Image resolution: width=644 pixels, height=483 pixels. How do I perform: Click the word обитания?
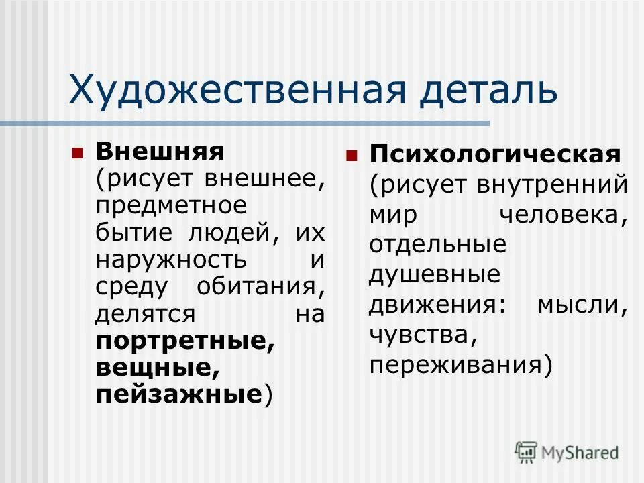[x=261, y=286]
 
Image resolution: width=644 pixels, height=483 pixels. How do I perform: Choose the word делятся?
[x=146, y=314]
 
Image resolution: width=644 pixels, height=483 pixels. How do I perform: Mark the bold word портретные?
[x=185, y=341]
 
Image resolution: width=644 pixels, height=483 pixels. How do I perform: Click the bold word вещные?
[x=158, y=368]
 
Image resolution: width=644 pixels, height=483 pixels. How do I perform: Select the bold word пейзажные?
[x=178, y=395]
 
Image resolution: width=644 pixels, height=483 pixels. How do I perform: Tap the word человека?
[x=563, y=215]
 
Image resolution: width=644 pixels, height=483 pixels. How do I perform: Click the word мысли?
[x=582, y=305]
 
